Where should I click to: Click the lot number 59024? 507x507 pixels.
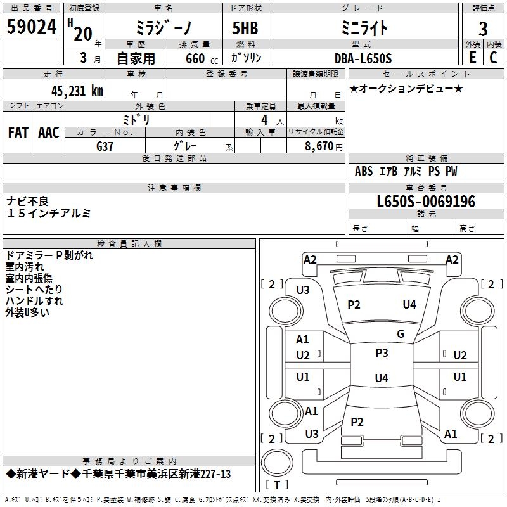tap(31, 27)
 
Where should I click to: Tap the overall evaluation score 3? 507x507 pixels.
tap(483, 29)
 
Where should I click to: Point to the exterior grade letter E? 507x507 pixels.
tap(472, 58)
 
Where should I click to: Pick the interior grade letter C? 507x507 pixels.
tap(493, 58)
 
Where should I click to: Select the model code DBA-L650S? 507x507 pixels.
tap(363, 59)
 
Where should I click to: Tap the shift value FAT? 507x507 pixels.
tap(18, 132)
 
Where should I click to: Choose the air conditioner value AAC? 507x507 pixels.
tap(49, 132)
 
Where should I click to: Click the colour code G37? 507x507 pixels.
tap(105, 146)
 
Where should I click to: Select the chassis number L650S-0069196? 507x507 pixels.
tap(425, 202)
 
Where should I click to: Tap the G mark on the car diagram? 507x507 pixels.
tap(400, 334)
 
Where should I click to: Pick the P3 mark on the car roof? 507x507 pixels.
tap(382, 353)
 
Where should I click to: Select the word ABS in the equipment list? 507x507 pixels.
tap(364, 171)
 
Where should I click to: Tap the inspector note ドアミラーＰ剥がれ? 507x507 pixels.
tap(49, 255)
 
